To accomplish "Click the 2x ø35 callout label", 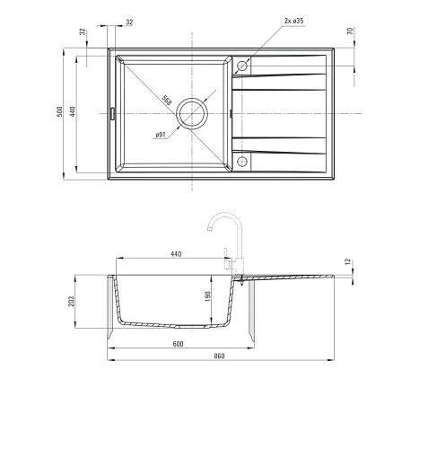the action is [x=293, y=21].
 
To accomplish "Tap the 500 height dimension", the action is [x=60, y=111].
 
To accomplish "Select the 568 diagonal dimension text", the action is [x=167, y=100].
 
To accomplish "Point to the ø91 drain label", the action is [x=161, y=135].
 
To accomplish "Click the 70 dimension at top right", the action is [x=350, y=31].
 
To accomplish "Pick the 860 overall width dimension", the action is [x=219, y=356].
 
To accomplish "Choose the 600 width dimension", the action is [x=178, y=344].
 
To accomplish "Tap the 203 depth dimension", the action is [x=71, y=302].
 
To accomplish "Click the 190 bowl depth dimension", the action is [x=208, y=296].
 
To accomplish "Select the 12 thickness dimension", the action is [x=347, y=261].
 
